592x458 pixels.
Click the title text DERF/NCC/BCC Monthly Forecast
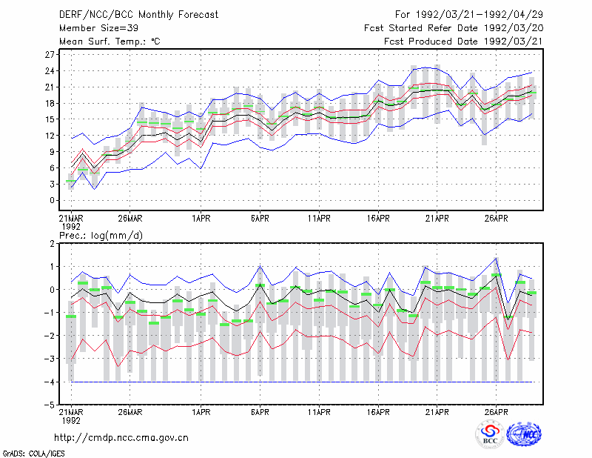click(138, 15)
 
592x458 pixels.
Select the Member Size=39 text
click(98, 28)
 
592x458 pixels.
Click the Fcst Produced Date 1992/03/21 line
click(463, 42)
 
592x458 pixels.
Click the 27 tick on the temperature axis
click(50, 55)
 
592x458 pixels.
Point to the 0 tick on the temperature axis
click(52, 200)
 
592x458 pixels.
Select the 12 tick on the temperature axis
click(50, 136)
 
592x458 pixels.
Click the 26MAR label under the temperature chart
click(130, 219)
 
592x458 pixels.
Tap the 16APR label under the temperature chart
click(378, 219)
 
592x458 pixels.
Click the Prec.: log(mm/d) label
click(101, 236)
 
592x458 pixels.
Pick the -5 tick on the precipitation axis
click(49, 405)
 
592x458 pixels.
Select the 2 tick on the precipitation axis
click(52, 244)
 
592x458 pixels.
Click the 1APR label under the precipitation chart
click(201, 412)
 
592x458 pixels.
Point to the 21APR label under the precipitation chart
click(437, 412)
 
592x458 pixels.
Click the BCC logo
click(490, 434)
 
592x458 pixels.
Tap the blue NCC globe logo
click(524, 434)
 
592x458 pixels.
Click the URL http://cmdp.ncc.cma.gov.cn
click(121, 438)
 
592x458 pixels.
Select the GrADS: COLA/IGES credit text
click(33, 454)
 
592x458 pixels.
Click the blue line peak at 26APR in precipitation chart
click(496, 258)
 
